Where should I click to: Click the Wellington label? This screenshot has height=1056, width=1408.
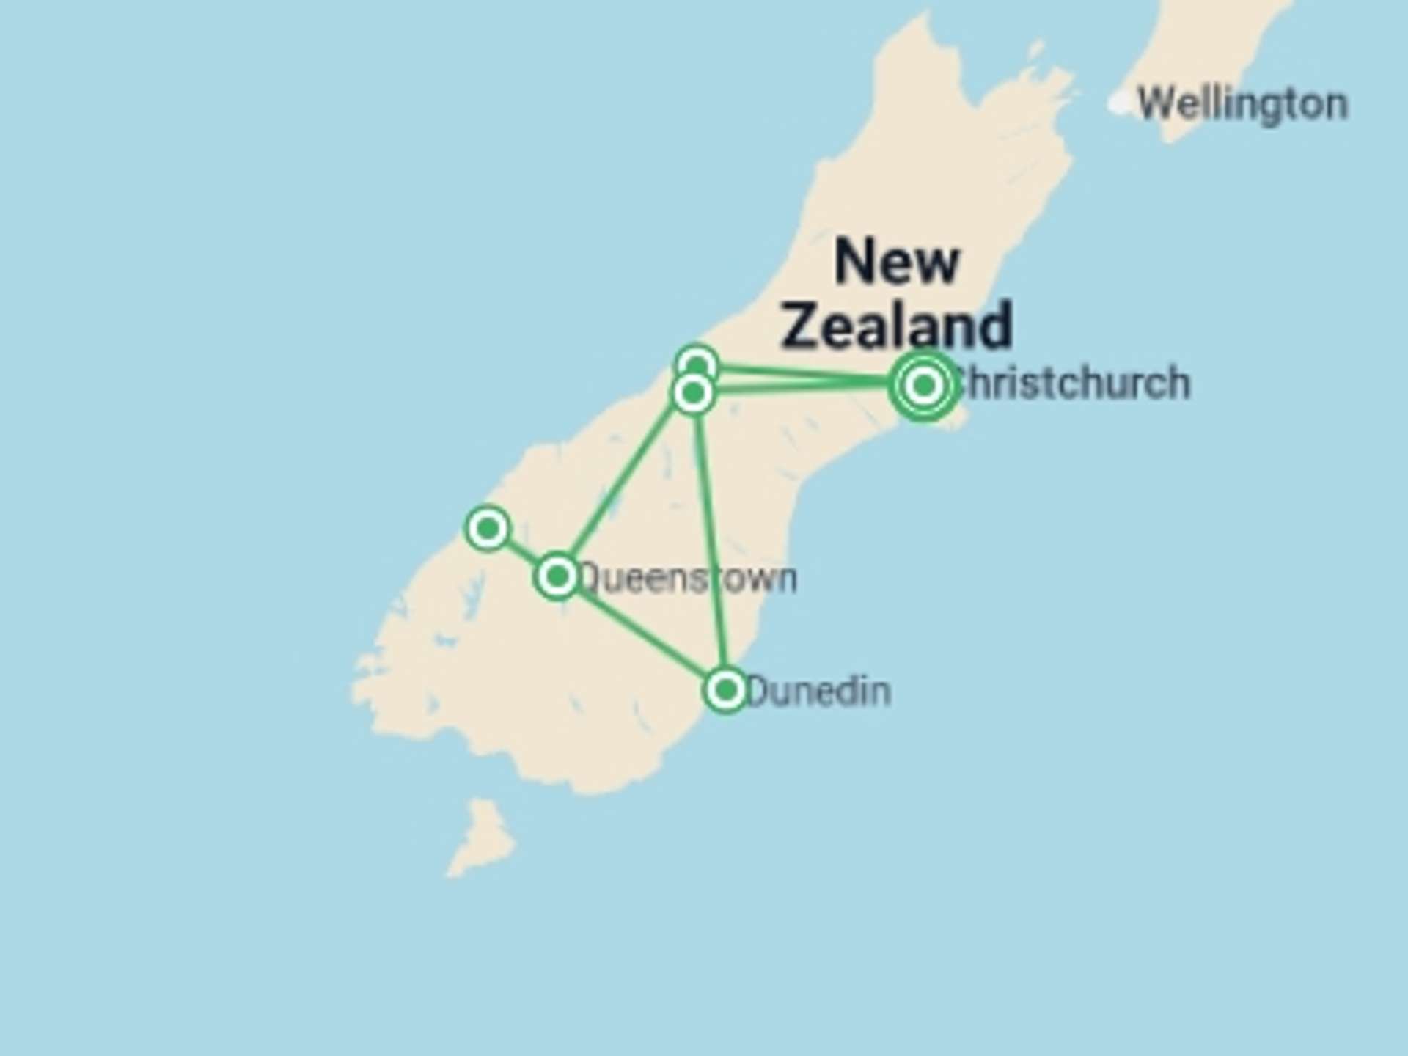click(x=1242, y=104)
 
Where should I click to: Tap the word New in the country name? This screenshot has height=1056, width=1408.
click(x=897, y=261)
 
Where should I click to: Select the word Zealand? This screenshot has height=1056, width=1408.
click(x=897, y=325)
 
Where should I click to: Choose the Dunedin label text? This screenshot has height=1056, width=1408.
click(x=819, y=692)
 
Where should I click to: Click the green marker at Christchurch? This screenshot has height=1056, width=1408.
click(x=924, y=384)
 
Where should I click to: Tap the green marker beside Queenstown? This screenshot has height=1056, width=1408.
click(x=557, y=576)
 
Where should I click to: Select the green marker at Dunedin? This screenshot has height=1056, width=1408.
click(x=726, y=689)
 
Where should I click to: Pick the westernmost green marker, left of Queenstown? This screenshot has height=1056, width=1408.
click(x=488, y=527)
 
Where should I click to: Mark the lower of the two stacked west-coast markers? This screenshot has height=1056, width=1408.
click(x=693, y=394)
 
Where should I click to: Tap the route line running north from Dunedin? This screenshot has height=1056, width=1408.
click(x=710, y=543)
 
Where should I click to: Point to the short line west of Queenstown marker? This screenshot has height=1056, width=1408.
click(x=521, y=551)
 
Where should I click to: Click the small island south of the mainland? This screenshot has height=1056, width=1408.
click(x=482, y=836)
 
